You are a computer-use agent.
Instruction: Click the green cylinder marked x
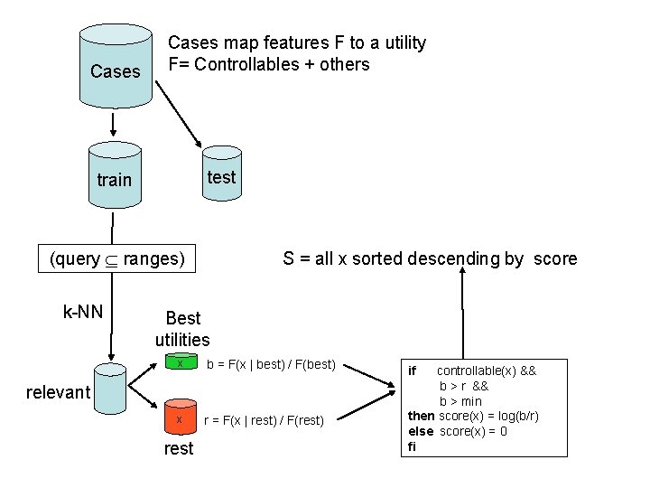pyautogui.click(x=180, y=364)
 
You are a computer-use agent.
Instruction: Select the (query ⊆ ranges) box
pyautogui.click(x=117, y=259)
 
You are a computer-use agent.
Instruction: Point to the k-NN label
pyautogui.click(x=82, y=313)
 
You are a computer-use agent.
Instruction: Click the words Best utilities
pyautogui.click(x=182, y=329)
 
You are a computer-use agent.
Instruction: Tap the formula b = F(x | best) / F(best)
pyautogui.click(x=271, y=364)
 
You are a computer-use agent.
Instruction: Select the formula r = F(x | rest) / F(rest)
pyautogui.click(x=270, y=419)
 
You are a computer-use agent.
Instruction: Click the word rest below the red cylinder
pyautogui.click(x=179, y=448)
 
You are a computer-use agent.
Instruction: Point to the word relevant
pyautogui.click(x=59, y=392)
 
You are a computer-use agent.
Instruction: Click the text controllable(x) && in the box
pyautogui.click(x=486, y=371)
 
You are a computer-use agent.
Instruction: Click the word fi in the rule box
pyautogui.click(x=413, y=446)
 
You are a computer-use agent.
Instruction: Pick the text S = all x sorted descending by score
pyautogui.click(x=430, y=259)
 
